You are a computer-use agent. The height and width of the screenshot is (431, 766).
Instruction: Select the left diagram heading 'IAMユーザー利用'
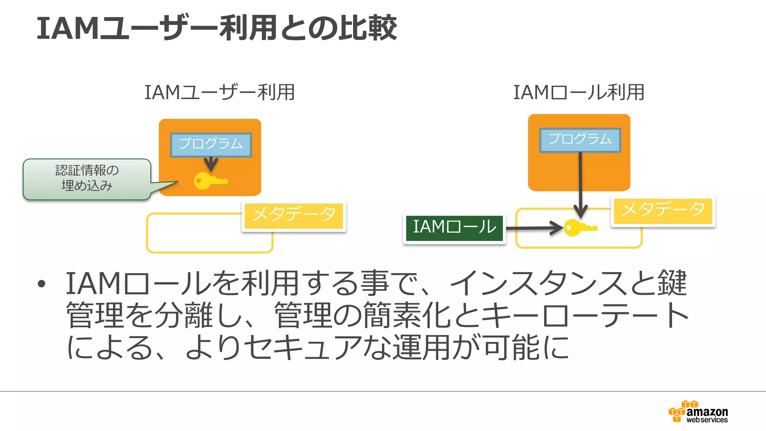pyautogui.click(x=220, y=92)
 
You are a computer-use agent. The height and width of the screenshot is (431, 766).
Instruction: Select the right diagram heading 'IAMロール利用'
pyautogui.click(x=579, y=92)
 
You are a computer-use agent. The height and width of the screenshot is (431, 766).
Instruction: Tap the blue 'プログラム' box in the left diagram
pyautogui.click(x=211, y=144)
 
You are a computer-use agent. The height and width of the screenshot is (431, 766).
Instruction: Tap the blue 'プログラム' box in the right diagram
pyautogui.click(x=580, y=140)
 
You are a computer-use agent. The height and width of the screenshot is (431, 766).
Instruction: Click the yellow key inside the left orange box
pyautogui.click(x=209, y=181)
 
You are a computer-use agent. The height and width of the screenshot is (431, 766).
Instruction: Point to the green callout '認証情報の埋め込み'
pyautogui.click(x=87, y=179)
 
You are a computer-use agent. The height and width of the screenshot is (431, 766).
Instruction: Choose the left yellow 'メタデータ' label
pyautogui.click(x=294, y=215)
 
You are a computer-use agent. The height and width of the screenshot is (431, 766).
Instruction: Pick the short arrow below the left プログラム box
pyautogui.click(x=211, y=164)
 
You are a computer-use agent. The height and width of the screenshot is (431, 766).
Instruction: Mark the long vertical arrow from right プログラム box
pyautogui.click(x=580, y=183)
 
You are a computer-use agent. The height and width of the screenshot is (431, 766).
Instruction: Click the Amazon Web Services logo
pyautogui.click(x=698, y=412)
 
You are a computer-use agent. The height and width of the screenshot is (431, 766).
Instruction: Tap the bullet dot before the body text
pyautogui.click(x=42, y=284)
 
